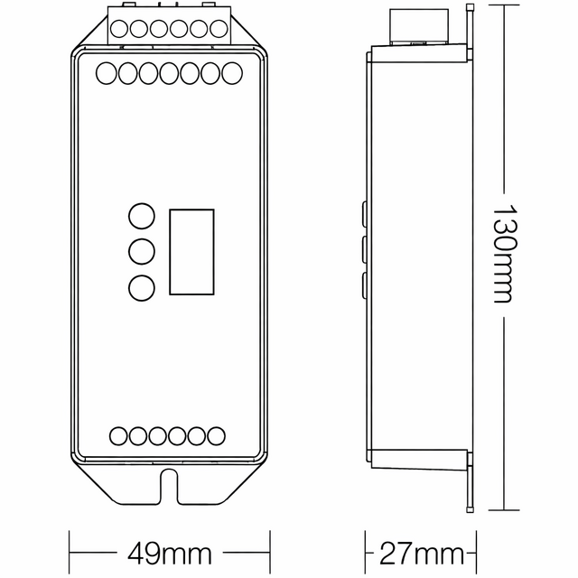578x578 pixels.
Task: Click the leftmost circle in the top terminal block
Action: tap(119, 28)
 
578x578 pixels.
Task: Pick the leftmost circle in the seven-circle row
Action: tap(106, 72)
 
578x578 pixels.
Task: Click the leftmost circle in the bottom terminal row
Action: tap(118, 436)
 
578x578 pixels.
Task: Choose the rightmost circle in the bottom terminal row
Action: tap(216, 436)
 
